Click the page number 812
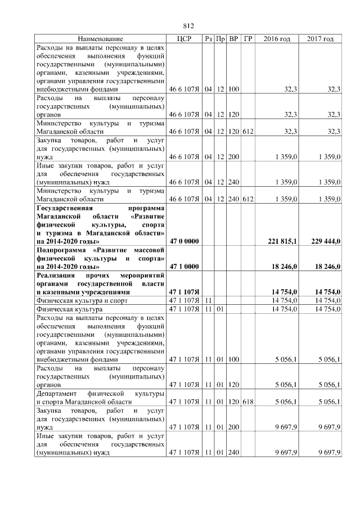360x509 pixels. coord(188,26)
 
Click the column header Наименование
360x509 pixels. coord(101,39)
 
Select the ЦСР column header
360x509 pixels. coord(184,39)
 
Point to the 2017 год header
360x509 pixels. coord(320,39)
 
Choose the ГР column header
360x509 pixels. coord(248,39)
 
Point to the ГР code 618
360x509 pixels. coord(248,402)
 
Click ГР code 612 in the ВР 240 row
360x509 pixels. coord(248,199)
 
